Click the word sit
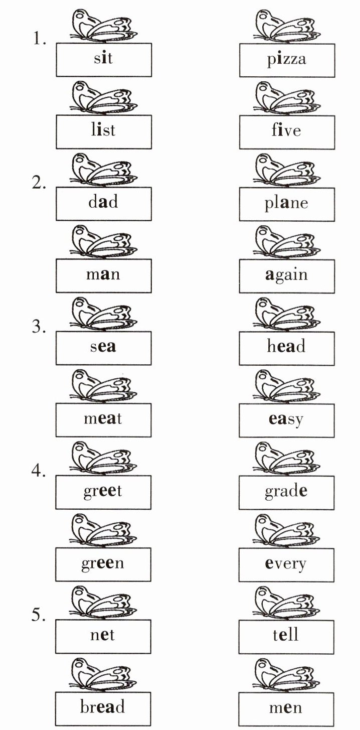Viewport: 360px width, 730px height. tap(103, 59)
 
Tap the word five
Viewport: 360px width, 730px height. tap(286, 131)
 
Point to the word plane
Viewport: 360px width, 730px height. tap(286, 204)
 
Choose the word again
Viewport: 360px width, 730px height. tap(286, 275)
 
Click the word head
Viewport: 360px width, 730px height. tap(286, 347)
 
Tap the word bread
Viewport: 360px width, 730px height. tap(103, 707)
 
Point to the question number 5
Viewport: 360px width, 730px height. tap(40, 615)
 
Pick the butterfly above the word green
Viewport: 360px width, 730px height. tap(103, 530)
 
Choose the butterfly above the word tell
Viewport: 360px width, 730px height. tap(286, 602)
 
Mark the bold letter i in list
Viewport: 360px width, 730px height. tap(99, 130)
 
